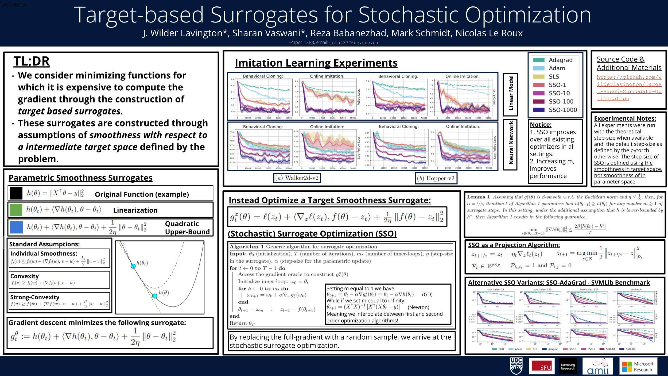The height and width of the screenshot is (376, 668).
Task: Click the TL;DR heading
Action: pyautogui.click(x=32, y=62)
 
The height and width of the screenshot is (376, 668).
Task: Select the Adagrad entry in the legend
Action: pyautogui.click(x=560, y=60)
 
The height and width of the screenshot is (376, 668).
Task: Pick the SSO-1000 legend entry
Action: pyautogui.click(x=562, y=110)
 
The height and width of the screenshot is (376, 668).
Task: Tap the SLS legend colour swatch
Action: pyautogui.click(x=538, y=77)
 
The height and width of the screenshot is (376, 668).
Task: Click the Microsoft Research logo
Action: pyautogui.click(x=638, y=367)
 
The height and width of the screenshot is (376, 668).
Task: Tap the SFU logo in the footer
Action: pyautogui.click(x=541, y=366)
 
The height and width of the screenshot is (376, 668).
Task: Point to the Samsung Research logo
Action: pyautogui.click(x=568, y=366)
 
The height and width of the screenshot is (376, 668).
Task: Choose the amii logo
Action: pyautogui.click(x=598, y=367)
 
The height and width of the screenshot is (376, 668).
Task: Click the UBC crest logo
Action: pyautogui.click(x=516, y=366)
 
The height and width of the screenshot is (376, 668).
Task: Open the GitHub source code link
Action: pyautogui.click(x=629, y=88)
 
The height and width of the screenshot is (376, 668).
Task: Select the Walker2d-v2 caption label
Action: pyautogui.click(x=297, y=178)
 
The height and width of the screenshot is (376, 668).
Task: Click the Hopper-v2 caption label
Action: pyautogui.click(x=436, y=178)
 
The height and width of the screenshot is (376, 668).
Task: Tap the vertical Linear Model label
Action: pyautogui.click(x=510, y=94)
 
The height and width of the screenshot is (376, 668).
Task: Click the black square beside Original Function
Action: pyautogui.click(x=16, y=193)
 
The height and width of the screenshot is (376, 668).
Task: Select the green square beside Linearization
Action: pyautogui.click(x=16, y=210)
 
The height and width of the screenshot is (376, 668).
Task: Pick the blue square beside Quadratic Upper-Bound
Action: pyautogui.click(x=16, y=227)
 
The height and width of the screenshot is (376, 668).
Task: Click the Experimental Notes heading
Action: pyautogui.click(x=625, y=118)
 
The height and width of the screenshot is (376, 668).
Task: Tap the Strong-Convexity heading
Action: pyautogui.click(x=35, y=297)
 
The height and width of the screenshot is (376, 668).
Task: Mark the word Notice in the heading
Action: pyautogui.click(x=541, y=125)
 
